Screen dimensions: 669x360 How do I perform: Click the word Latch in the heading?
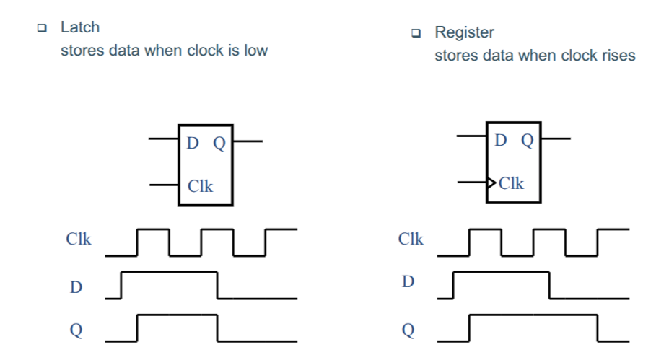pyautogui.click(x=80, y=27)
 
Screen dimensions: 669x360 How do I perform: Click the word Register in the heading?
pyautogui.click(x=464, y=33)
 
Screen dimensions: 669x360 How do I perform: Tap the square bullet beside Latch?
pyautogui.click(x=42, y=28)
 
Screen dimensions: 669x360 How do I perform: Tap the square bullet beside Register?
pyautogui.click(x=416, y=33)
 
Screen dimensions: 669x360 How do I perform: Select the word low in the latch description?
pyautogui.click(x=256, y=51)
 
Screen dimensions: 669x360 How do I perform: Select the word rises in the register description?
pyautogui.click(x=618, y=56)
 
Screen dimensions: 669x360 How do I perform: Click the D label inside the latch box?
pyautogui.click(x=193, y=143)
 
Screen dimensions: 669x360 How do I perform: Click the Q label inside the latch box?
pyautogui.click(x=219, y=144)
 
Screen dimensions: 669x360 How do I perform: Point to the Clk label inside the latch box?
pyautogui.click(x=200, y=186)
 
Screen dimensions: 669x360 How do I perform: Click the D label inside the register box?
pyautogui.click(x=501, y=140)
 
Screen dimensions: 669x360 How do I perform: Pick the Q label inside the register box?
pyautogui.click(x=528, y=141)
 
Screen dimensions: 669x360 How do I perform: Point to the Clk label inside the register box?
pyautogui.click(x=511, y=183)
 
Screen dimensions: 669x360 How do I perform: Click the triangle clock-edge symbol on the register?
pyautogui.click(x=491, y=183)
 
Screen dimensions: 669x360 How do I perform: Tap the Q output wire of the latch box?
pyautogui.click(x=248, y=141)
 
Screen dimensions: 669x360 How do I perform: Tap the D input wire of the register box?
pyautogui.click(x=471, y=136)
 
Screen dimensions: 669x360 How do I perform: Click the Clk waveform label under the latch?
pyautogui.click(x=79, y=239)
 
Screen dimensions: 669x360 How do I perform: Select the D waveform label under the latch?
pyautogui.click(x=76, y=287)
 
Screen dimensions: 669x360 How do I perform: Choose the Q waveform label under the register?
pyautogui.click(x=408, y=330)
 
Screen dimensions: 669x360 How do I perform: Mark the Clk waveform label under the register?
pyautogui.click(x=411, y=239)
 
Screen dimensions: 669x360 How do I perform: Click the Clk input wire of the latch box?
pyautogui.click(x=164, y=185)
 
